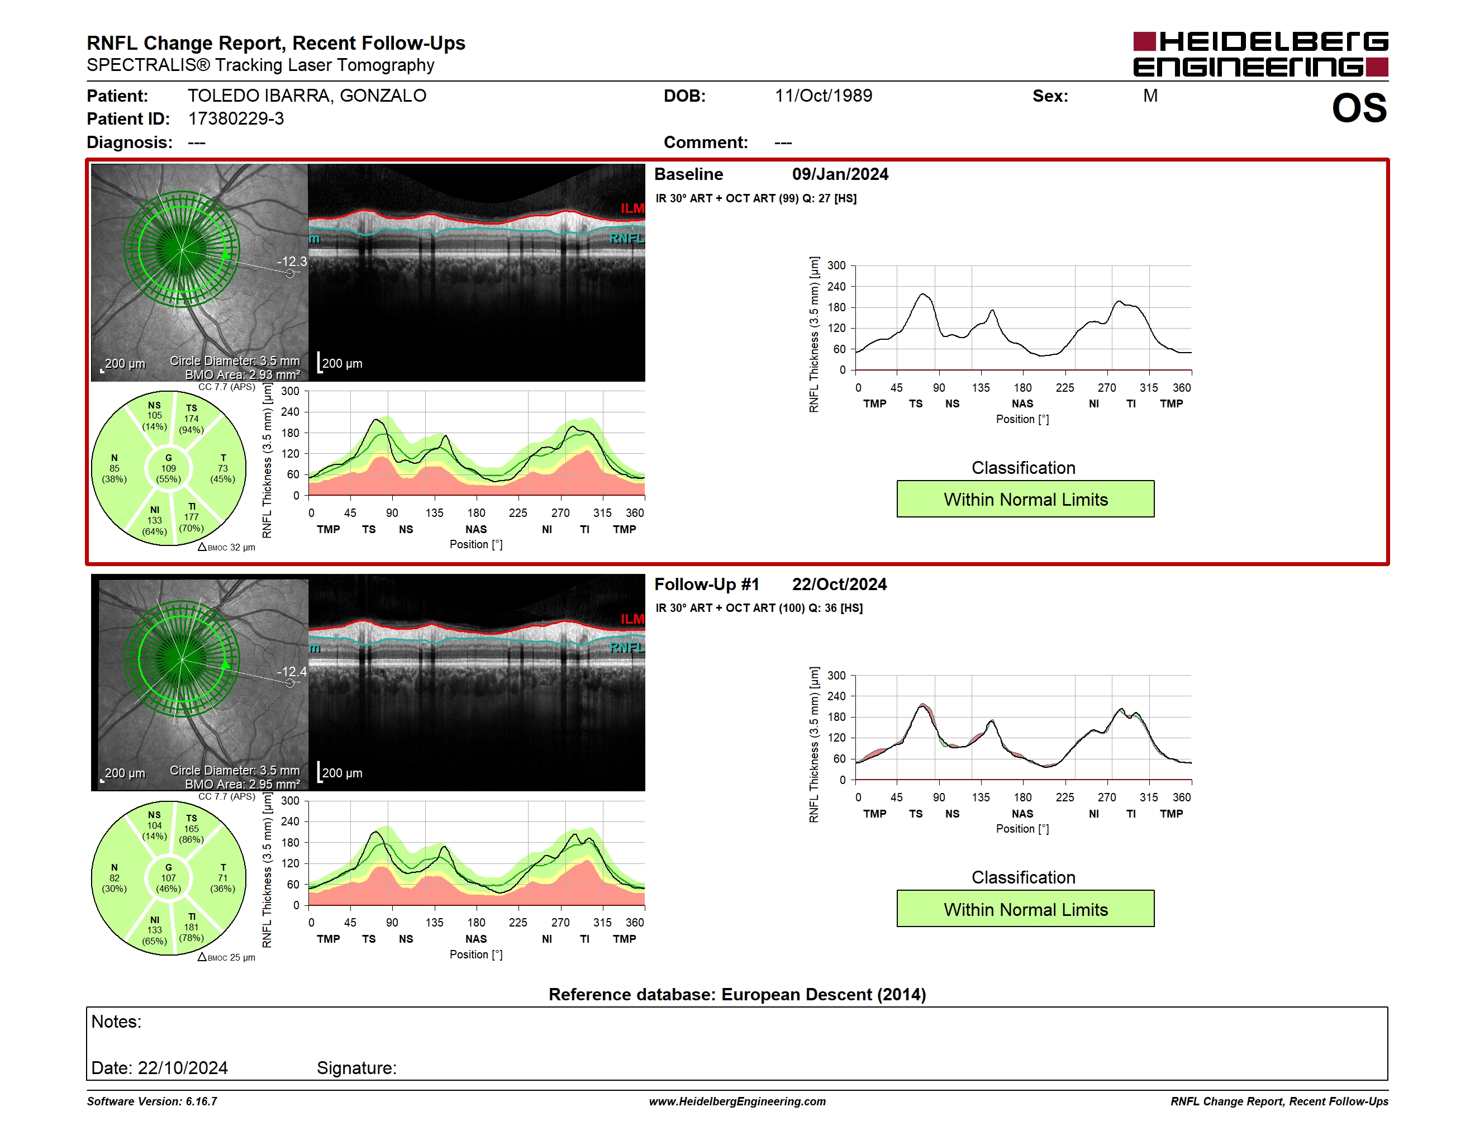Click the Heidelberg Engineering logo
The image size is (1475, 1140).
pyautogui.click(x=1260, y=54)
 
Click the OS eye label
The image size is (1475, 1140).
pyautogui.click(x=1359, y=108)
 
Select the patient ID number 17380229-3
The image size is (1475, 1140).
pyautogui.click(x=236, y=119)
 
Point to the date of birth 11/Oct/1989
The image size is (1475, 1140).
pyautogui.click(x=824, y=96)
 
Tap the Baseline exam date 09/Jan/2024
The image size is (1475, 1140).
pyautogui.click(x=840, y=174)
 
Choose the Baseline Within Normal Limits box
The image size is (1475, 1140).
pyautogui.click(x=1025, y=499)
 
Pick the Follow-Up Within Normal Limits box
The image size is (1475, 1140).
pyautogui.click(x=1025, y=909)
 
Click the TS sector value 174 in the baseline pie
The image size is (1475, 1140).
pyautogui.click(x=192, y=419)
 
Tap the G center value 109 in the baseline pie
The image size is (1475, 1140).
pyautogui.click(x=168, y=468)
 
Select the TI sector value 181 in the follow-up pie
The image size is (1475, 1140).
pyautogui.click(x=192, y=927)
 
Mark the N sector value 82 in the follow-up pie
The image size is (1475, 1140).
pyautogui.click(x=114, y=878)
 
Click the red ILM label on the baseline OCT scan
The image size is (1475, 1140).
pyautogui.click(x=632, y=208)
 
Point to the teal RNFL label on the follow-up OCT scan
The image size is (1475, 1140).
pyautogui.click(x=627, y=648)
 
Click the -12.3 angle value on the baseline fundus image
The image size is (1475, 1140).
pyautogui.click(x=292, y=262)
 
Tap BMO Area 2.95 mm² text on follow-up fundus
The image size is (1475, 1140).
pyautogui.click(x=242, y=784)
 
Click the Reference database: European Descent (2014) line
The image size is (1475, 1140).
pyautogui.click(x=737, y=994)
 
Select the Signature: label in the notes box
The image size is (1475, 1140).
pyautogui.click(x=356, y=1068)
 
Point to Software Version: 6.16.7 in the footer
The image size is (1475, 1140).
pyautogui.click(x=152, y=1101)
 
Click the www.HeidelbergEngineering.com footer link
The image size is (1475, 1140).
pyautogui.click(x=737, y=1101)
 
